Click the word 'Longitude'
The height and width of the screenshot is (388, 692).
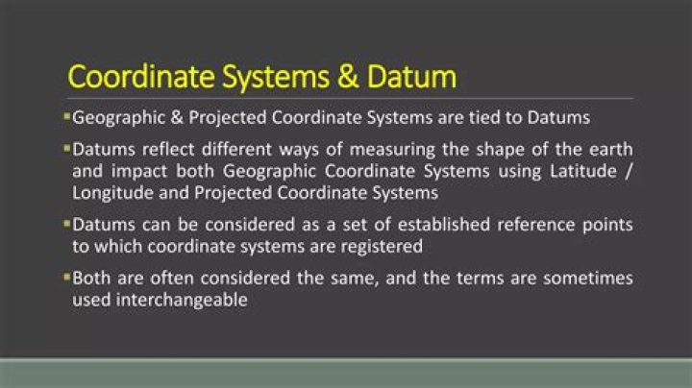[x=111, y=192]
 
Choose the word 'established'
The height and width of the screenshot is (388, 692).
[x=390, y=226]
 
